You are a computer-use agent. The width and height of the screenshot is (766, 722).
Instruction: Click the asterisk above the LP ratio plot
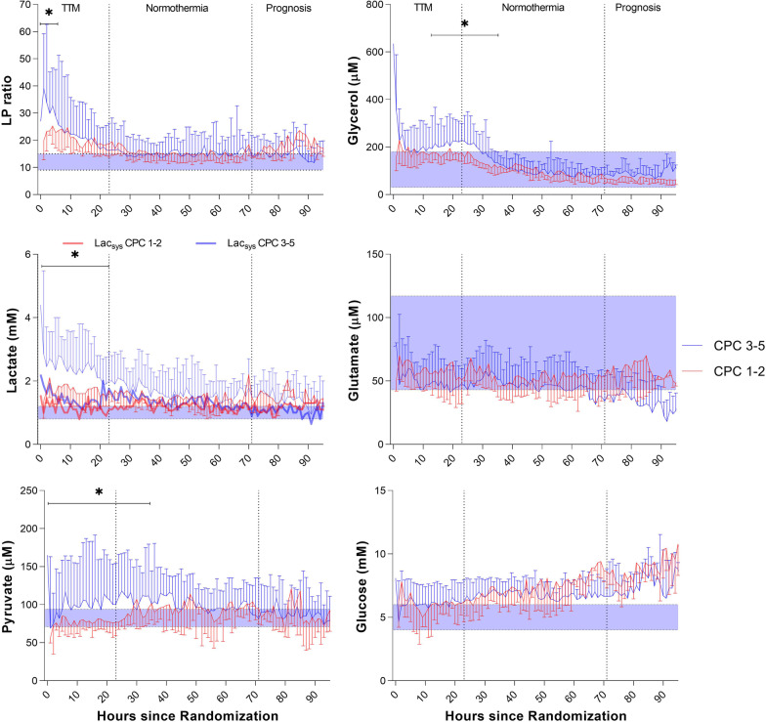pos(49,14)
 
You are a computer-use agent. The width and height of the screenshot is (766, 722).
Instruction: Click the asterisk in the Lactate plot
pos(74,256)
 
